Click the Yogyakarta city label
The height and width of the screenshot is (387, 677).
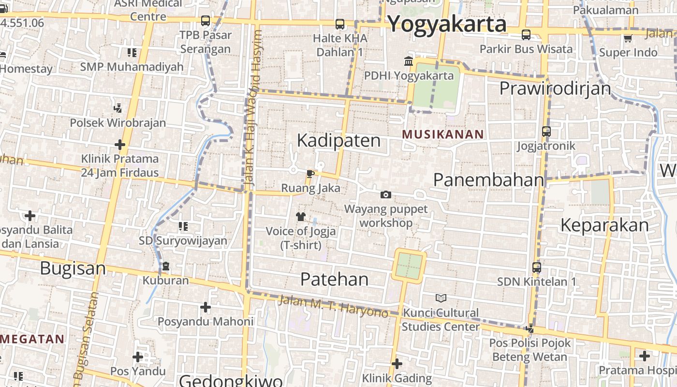[447, 24]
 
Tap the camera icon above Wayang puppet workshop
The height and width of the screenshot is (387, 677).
[385, 194]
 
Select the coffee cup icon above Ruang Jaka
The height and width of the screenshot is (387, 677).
[310, 174]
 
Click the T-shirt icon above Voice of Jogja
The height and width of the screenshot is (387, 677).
[301, 216]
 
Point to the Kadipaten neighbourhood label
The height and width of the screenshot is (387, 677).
[338, 140]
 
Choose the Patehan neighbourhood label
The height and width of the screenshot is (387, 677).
[334, 279]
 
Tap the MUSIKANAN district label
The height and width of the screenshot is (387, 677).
[443, 134]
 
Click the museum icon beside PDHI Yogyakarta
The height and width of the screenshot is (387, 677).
[409, 61]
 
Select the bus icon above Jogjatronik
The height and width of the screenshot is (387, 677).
[546, 131]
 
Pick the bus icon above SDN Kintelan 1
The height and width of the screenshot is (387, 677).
[537, 267]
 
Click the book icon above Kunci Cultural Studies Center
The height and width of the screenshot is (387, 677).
[441, 298]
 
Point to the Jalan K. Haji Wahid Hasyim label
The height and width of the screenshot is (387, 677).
[253, 109]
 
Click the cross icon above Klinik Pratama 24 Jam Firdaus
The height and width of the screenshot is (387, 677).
[120, 144]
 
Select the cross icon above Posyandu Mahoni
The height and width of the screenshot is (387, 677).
[206, 307]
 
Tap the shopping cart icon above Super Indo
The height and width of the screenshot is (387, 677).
[628, 38]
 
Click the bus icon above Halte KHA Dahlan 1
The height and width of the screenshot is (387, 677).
[340, 24]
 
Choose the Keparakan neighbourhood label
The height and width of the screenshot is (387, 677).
[604, 225]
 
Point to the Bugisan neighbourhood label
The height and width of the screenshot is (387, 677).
[73, 268]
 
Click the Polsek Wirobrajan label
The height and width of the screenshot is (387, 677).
[118, 123]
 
